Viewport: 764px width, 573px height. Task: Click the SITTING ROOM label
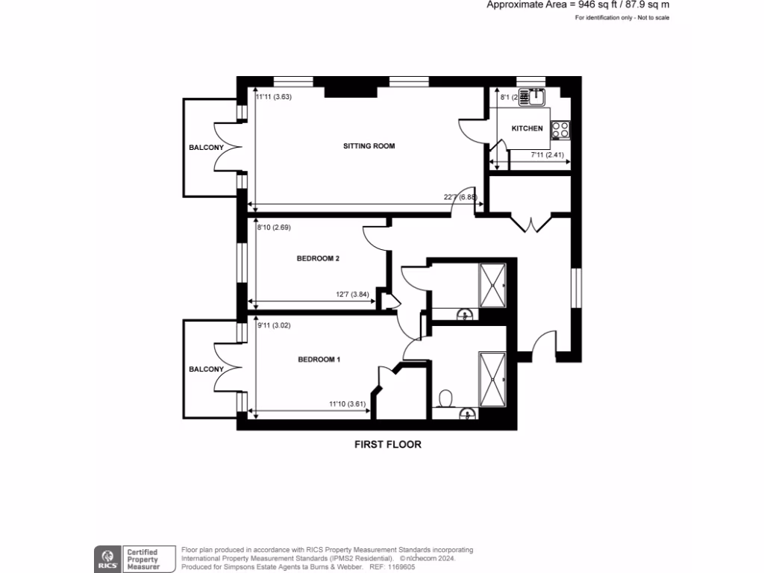(x=369, y=146)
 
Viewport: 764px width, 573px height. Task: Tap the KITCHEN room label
(x=527, y=129)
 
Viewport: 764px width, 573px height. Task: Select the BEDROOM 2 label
(x=318, y=259)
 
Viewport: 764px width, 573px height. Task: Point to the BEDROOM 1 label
(x=319, y=360)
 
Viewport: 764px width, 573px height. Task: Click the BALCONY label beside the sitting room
(x=206, y=148)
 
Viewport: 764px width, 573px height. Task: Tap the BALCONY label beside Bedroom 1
(x=206, y=369)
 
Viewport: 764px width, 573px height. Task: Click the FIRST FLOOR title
(x=387, y=445)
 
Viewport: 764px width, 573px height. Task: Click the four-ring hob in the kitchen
(x=560, y=130)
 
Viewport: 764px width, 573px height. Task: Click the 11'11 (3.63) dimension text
(x=272, y=97)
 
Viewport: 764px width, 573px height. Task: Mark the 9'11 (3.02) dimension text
(x=272, y=325)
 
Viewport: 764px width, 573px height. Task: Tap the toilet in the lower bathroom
(x=446, y=398)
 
